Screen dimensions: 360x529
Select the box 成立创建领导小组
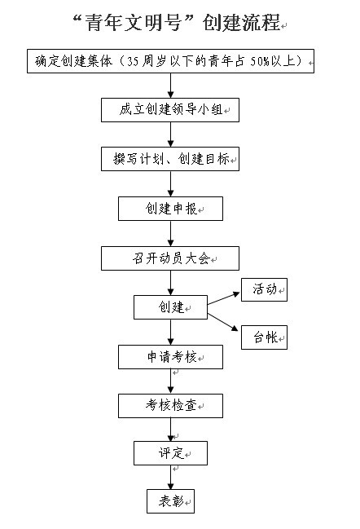(x=170, y=110)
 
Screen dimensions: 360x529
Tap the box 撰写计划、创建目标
(x=170, y=159)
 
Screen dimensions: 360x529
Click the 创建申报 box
(x=170, y=209)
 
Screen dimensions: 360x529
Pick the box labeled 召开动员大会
(x=170, y=258)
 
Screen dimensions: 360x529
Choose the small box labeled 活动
(x=264, y=289)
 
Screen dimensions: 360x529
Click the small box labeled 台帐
(x=264, y=337)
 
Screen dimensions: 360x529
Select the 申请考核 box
(x=170, y=357)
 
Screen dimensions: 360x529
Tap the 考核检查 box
(x=170, y=406)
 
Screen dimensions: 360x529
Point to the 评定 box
(x=170, y=453)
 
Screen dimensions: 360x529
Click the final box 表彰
(x=170, y=501)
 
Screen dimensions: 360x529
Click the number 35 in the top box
(x=133, y=61)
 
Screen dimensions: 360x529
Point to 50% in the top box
(x=260, y=61)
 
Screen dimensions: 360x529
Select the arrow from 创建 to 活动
(x=223, y=298)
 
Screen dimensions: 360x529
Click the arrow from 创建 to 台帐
(x=223, y=322)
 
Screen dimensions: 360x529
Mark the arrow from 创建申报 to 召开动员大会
(x=170, y=233)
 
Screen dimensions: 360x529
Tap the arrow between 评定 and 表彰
(x=170, y=477)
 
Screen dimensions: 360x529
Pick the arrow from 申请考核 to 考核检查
(x=170, y=381)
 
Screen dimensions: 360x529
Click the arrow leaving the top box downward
(x=170, y=86)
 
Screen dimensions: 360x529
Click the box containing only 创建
(x=170, y=307)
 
